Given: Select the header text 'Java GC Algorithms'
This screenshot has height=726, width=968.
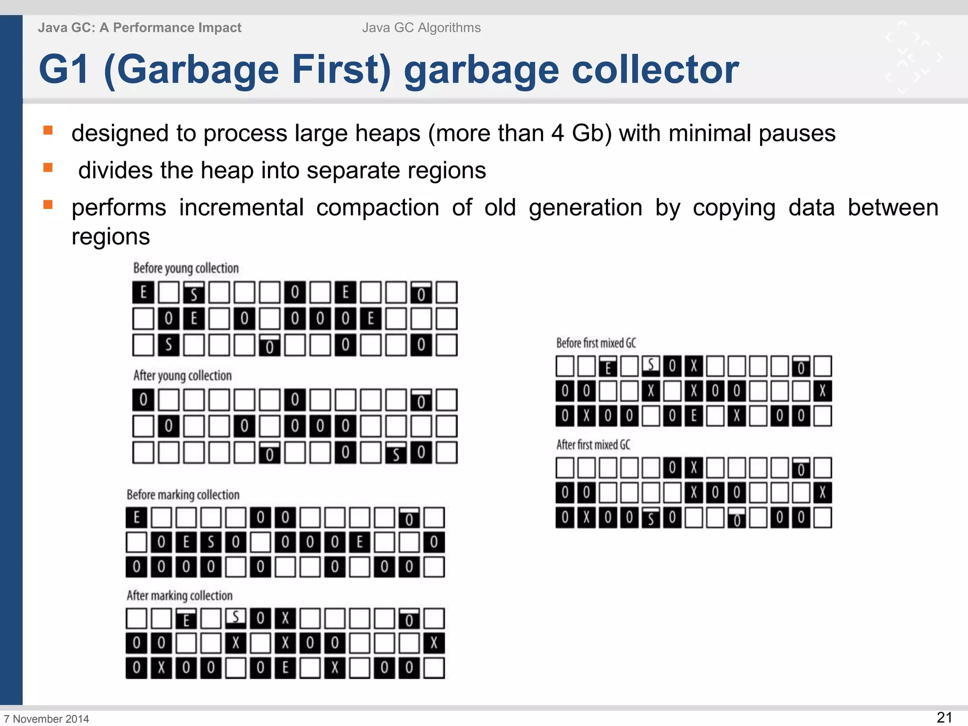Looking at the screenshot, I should (421, 28).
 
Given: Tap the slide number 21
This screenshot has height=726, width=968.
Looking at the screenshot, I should (944, 717).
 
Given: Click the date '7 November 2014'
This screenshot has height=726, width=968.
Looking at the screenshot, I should (46, 718).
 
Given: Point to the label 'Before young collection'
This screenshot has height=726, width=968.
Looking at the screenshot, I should (186, 268).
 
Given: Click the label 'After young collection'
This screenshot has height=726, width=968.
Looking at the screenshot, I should (182, 375).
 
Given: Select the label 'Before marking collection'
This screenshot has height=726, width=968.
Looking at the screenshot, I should (183, 494).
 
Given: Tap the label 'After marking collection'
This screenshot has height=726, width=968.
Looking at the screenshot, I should (180, 595).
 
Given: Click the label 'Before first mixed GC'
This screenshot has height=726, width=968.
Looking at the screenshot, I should (596, 343).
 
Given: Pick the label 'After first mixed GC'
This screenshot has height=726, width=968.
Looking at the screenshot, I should (593, 445).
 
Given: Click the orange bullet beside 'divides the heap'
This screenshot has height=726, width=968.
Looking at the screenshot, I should (48, 167).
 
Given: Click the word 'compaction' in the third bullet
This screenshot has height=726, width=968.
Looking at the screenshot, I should (377, 207).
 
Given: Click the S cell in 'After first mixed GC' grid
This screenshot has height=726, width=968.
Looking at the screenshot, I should (650, 518).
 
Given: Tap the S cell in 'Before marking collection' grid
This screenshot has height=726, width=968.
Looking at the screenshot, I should (211, 542).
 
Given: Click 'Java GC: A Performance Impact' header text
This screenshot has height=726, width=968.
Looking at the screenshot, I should (139, 28).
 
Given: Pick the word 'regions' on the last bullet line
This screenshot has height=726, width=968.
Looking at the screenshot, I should (111, 236).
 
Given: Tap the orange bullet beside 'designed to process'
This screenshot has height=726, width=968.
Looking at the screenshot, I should (48, 130).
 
